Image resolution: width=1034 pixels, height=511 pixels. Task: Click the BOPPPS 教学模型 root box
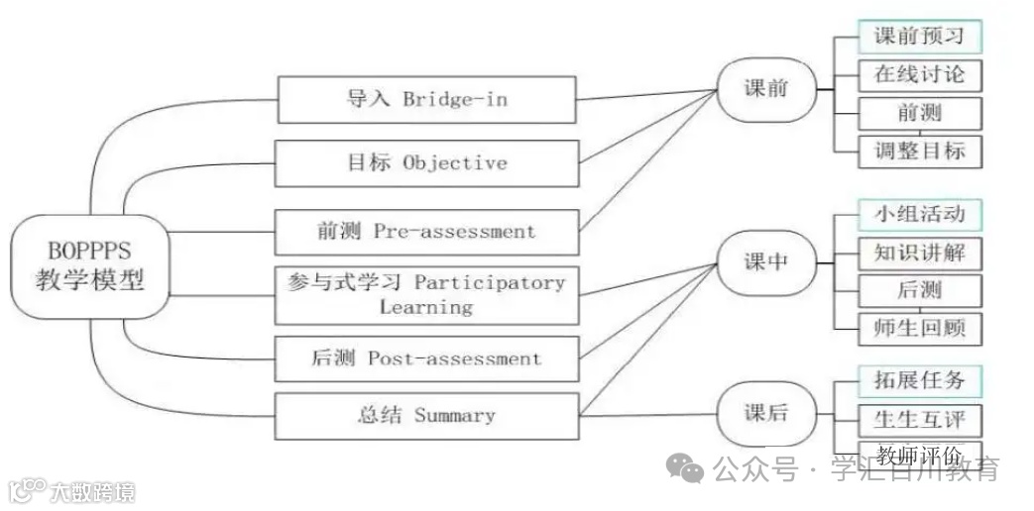click(x=90, y=266)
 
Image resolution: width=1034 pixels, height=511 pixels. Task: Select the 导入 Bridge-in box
click(x=426, y=100)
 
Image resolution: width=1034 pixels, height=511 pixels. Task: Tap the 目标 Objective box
click(x=426, y=163)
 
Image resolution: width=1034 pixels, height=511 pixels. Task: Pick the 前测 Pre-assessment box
click(x=426, y=232)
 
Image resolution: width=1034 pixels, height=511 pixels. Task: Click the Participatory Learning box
click(x=426, y=294)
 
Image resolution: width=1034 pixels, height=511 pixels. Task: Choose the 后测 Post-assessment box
click(x=426, y=358)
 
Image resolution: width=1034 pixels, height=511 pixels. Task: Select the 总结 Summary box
click(x=426, y=416)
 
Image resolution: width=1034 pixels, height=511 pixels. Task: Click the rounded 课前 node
click(x=766, y=89)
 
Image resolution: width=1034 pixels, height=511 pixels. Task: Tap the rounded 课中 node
click(x=766, y=263)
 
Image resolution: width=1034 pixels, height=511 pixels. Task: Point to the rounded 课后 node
click(x=766, y=413)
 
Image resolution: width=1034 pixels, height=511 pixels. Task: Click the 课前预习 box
click(x=919, y=37)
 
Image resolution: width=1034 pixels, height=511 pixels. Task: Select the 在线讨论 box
click(x=919, y=75)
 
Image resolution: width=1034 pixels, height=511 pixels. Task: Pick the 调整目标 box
click(x=919, y=152)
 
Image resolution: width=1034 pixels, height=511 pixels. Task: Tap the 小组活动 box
click(x=919, y=213)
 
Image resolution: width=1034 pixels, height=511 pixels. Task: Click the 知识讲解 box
click(x=919, y=254)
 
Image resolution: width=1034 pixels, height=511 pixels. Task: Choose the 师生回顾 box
click(x=919, y=328)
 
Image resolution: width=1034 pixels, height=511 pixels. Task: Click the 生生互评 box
click(x=919, y=421)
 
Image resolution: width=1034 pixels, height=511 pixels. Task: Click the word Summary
click(x=454, y=416)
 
